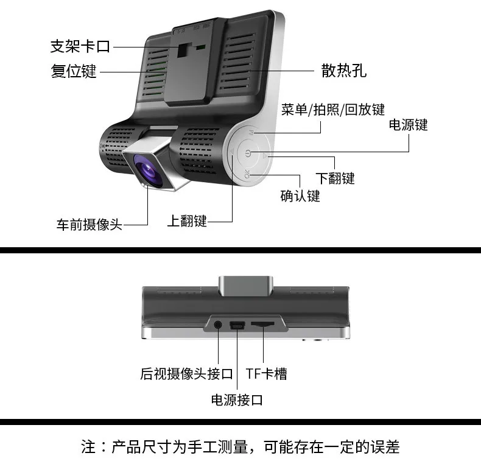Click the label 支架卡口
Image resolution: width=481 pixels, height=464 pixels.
(80, 46)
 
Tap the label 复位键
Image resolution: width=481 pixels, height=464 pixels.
(74, 71)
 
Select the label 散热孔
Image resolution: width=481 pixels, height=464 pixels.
(344, 70)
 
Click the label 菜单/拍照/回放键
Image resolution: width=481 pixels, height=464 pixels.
(333, 110)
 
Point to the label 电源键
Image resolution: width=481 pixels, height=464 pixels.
(408, 125)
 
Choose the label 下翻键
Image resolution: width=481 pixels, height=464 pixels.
(335, 178)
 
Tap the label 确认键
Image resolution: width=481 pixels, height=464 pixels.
(300, 196)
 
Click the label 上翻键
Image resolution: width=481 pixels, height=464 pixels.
(187, 220)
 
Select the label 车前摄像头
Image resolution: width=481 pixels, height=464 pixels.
(90, 224)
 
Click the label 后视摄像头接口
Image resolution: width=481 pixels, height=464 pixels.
(186, 374)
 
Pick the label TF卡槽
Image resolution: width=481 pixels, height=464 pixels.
(266, 374)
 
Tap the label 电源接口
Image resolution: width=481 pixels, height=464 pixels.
(237, 400)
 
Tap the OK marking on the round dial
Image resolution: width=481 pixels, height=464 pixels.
(247, 174)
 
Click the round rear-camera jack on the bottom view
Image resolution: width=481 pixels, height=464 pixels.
(218, 325)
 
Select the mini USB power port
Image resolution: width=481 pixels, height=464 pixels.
(237, 325)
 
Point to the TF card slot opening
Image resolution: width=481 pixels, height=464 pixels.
(262, 324)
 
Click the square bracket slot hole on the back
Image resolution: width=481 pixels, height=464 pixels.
(183, 50)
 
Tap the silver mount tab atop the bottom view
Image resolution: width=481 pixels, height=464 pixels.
(246, 285)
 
